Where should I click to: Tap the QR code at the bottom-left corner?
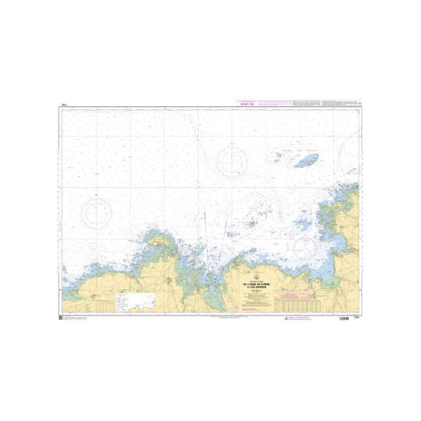click(61, 318)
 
